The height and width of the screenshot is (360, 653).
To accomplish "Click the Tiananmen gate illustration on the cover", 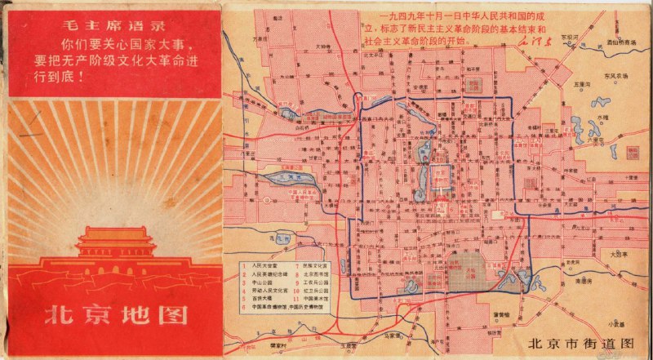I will click(x=114, y=245).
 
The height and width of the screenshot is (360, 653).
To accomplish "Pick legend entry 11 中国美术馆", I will click(x=313, y=307).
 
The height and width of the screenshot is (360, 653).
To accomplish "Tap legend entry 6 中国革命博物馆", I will click(x=278, y=308).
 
